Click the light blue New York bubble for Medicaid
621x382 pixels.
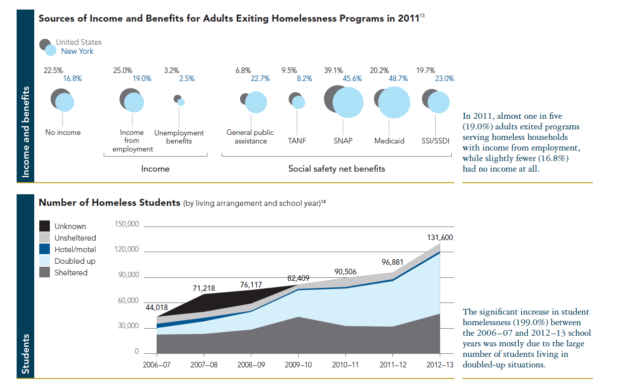(x=394, y=103)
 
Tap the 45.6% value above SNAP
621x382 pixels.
(x=352, y=79)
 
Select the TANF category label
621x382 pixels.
(x=297, y=141)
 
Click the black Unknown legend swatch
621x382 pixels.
(x=45, y=226)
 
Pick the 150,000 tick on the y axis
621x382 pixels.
(x=126, y=224)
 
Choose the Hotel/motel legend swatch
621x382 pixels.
(x=45, y=250)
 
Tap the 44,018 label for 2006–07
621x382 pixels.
(x=157, y=308)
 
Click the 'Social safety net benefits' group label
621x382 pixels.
(x=336, y=169)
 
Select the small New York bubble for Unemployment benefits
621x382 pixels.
(x=181, y=102)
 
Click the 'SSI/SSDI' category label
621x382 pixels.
(x=435, y=141)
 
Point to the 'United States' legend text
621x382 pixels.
(x=79, y=42)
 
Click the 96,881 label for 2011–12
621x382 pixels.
(x=393, y=262)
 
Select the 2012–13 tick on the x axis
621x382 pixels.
(x=440, y=364)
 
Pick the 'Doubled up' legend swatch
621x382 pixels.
(x=45, y=261)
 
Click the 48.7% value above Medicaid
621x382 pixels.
(x=397, y=79)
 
